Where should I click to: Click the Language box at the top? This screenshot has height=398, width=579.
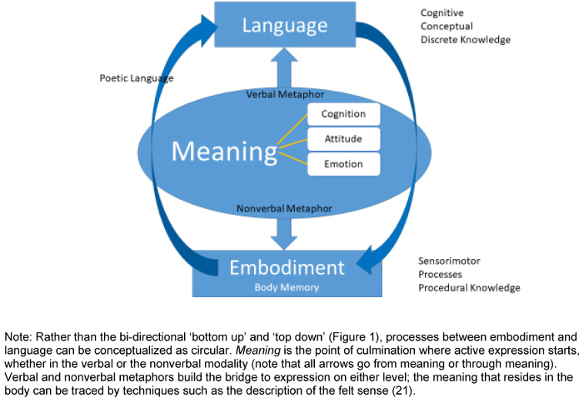tap(284, 25)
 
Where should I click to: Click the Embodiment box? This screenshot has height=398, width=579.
tap(286, 268)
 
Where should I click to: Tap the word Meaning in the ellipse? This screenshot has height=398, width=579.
tap(224, 152)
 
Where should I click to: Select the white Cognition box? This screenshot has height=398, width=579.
tap(343, 114)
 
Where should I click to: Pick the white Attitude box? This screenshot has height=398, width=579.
tap(343, 138)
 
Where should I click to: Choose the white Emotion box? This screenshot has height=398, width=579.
tap(343, 163)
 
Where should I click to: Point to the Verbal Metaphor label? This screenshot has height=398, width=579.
tap(285, 95)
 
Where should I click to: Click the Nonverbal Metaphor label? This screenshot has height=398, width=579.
tap(285, 208)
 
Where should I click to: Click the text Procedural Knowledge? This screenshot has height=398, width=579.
tap(469, 288)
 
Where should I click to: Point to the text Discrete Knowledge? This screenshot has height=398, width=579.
tap(465, 40)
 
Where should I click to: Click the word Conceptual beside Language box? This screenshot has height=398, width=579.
tap(447, 27)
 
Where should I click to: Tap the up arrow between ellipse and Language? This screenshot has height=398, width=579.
tap(285, 66)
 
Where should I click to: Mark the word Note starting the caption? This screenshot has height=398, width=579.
tap(17, 336)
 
